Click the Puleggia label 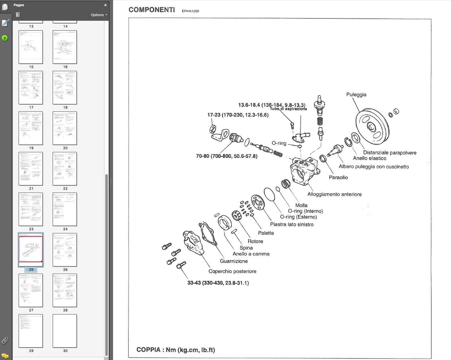356,95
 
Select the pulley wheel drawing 372,126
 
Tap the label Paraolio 338,178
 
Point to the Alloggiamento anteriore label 334,194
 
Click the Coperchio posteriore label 232,271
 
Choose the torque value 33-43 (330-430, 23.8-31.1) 218,283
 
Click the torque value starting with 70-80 226,156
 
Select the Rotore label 255,241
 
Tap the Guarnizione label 234,261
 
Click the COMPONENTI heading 152,10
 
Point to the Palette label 266,233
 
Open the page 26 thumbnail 65,250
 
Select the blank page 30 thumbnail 65,331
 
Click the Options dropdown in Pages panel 99,15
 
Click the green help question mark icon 5,38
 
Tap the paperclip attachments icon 5,340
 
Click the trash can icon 18,15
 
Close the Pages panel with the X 105,5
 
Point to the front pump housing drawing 304,171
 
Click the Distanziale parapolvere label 390,153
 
